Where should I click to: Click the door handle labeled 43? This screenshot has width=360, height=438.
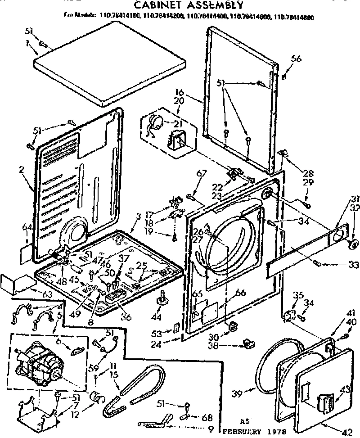325,402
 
